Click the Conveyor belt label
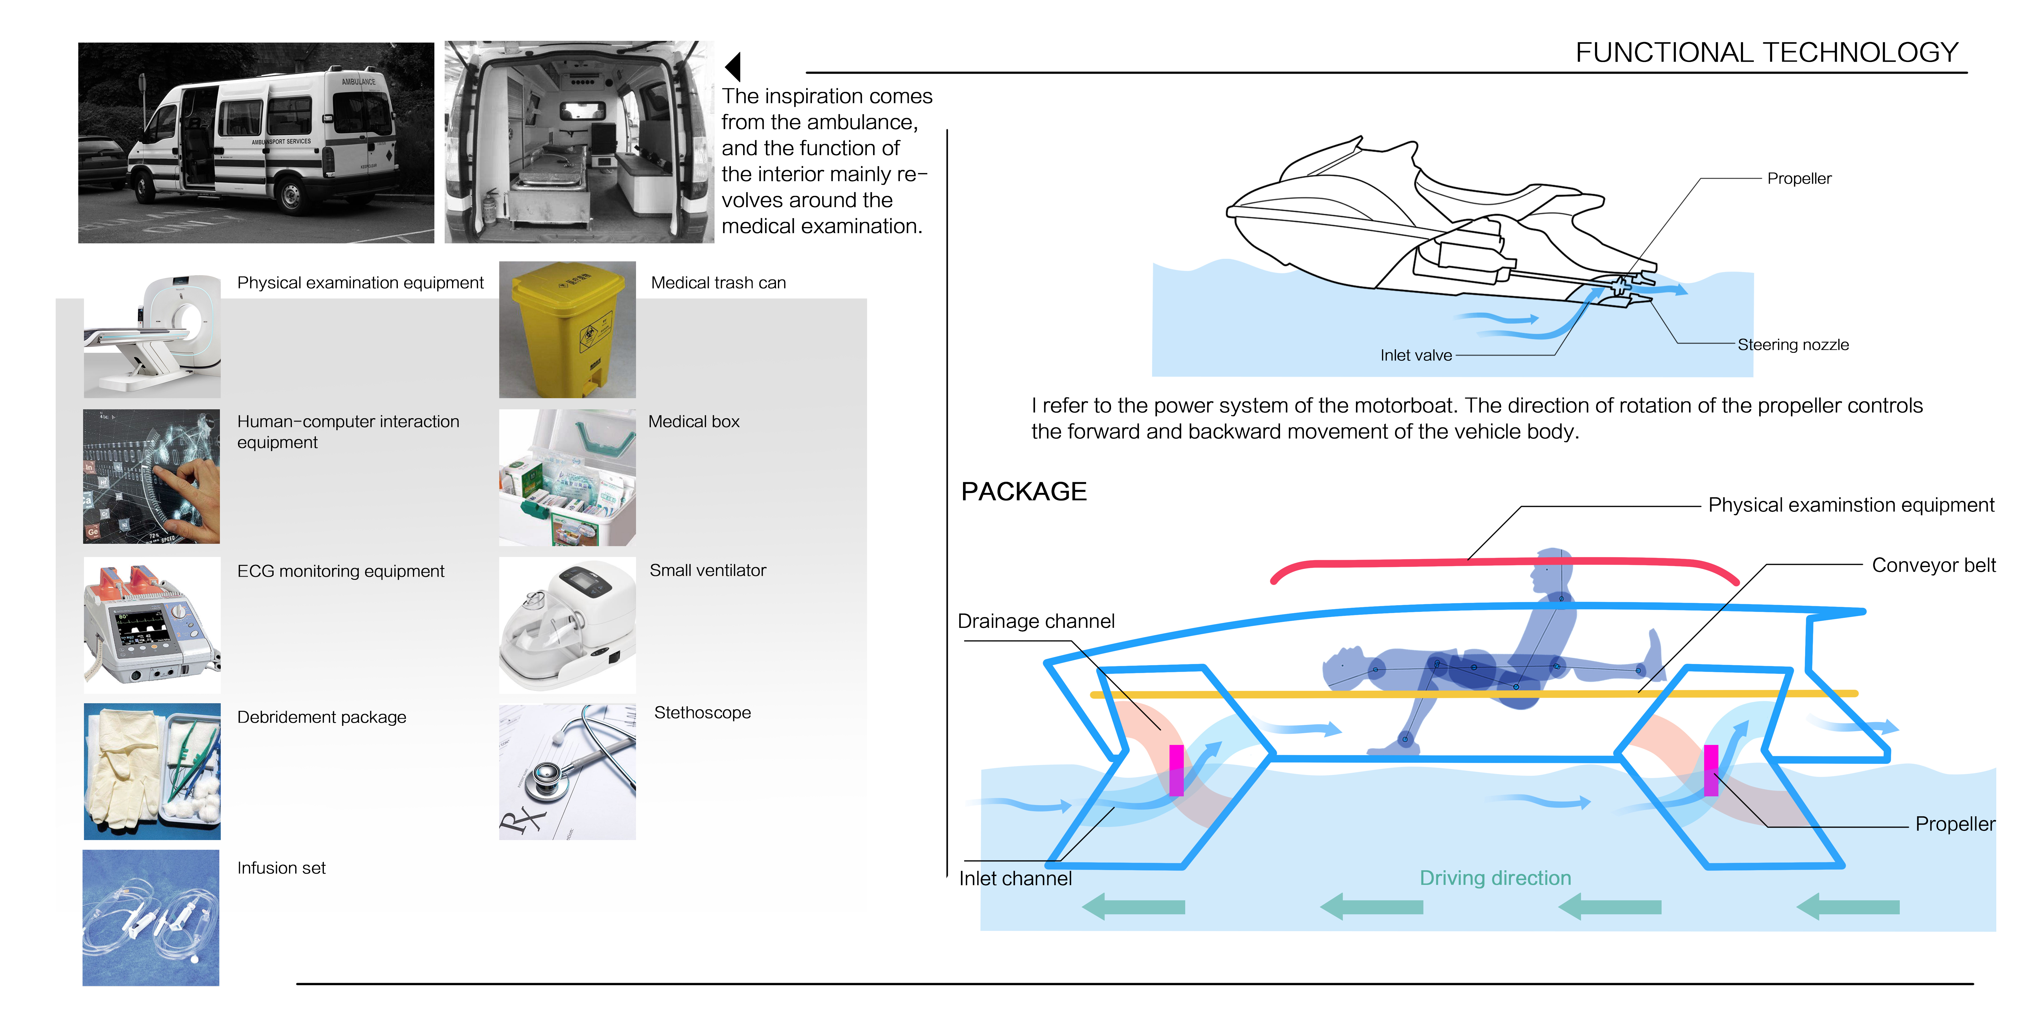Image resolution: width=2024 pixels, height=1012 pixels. [x=1933, y=566]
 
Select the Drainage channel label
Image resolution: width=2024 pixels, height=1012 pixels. [x=1036, y=622]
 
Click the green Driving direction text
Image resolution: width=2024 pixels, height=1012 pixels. [x=1495, y=878]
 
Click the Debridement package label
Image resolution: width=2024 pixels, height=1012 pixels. [x=321, y=717]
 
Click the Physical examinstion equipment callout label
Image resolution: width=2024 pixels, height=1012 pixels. [x=1850, y=505]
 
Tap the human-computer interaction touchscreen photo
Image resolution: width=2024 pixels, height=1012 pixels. [x=152, y=476]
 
